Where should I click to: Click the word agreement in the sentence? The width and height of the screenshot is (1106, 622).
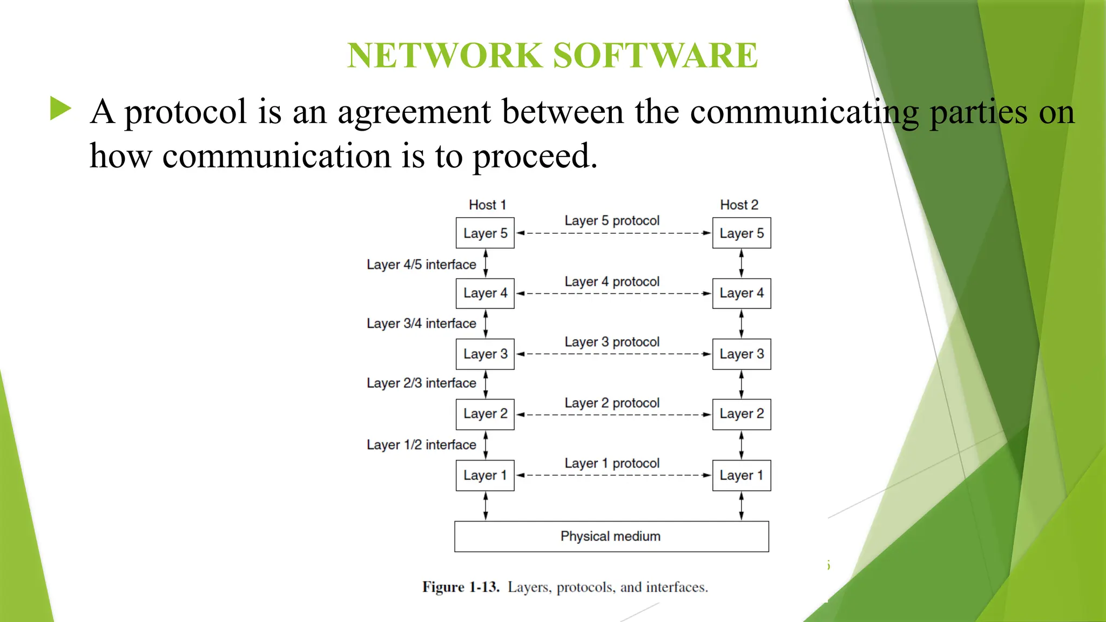tap(414, 112)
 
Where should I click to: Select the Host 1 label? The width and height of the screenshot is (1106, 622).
tap(487, 205)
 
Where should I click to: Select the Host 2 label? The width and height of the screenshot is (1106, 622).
tap(739, 205)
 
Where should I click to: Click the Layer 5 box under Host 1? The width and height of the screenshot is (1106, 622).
tap(485, 233)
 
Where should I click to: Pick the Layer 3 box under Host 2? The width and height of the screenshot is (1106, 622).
tap(741, 354)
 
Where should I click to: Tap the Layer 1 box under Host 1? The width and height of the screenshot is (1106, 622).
tap(485, 475)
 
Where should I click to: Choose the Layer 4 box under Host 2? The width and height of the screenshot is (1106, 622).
tap(741, 293)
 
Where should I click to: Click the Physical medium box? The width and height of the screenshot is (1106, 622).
tap(611, 536)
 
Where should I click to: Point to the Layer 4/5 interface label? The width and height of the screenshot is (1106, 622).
tap(421, 265)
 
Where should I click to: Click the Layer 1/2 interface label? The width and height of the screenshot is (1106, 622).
tap(421, 445)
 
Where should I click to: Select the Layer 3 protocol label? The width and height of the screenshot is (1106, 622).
tap(612, 342)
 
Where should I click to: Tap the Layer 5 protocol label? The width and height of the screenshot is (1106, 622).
tap(612, 220)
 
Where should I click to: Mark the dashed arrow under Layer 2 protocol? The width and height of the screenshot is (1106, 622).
tap(613, 415)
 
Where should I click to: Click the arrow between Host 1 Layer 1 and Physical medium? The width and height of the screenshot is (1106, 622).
tap(485, 506)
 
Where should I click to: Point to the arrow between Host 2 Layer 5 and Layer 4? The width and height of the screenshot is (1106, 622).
tap(741, 263)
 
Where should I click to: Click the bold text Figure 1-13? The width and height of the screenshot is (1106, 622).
tap(461, 587)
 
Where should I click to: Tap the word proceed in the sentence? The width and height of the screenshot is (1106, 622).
tap(534, 157)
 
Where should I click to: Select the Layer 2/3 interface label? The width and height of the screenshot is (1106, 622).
tap(421, 383)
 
